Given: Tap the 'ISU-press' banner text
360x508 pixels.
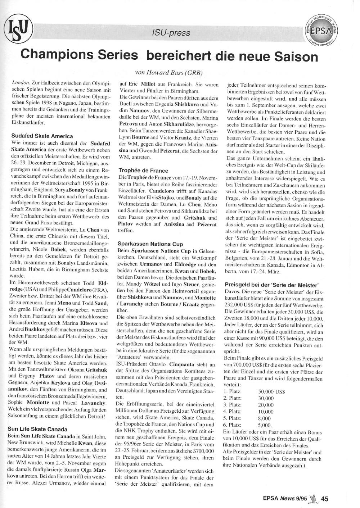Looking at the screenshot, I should pos(171,33).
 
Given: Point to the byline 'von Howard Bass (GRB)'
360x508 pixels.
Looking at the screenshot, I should pos(168,72).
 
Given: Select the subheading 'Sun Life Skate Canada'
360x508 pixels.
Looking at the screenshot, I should pos(37,429).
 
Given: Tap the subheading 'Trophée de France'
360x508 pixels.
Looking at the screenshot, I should pos(143,171).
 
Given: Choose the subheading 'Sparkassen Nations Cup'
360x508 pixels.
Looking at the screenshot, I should pos(150,244).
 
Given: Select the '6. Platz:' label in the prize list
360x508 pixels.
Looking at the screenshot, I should pos(233,425).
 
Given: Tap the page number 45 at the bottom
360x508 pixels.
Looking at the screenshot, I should pos(324,499).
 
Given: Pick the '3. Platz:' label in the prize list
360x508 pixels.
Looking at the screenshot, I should pos(233,405).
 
